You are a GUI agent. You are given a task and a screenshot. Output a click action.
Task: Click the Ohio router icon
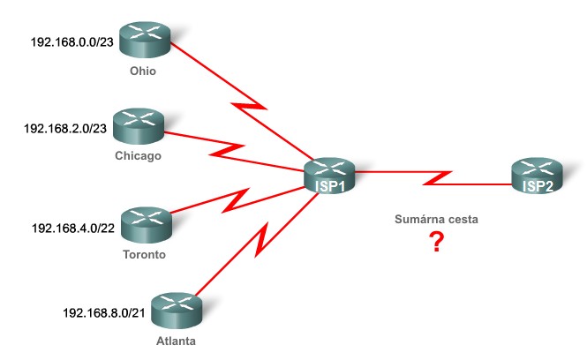pyautogui.click(x=142, y=40)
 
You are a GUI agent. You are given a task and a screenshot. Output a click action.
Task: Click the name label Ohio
pyautogui.click(x=142, y=71)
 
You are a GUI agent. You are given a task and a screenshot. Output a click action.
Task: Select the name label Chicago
pyautogui.click(x=138, y=157)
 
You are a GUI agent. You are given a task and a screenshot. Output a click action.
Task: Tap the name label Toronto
pyautogui.click(x=145, y=254)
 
